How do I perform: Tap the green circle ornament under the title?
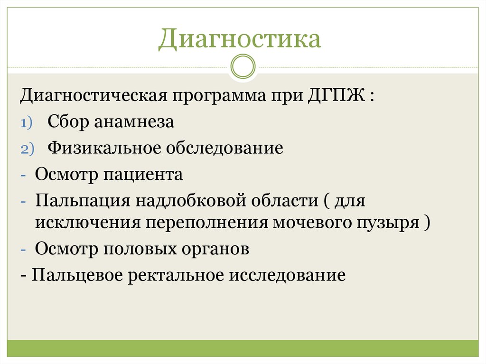[243, 66]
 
